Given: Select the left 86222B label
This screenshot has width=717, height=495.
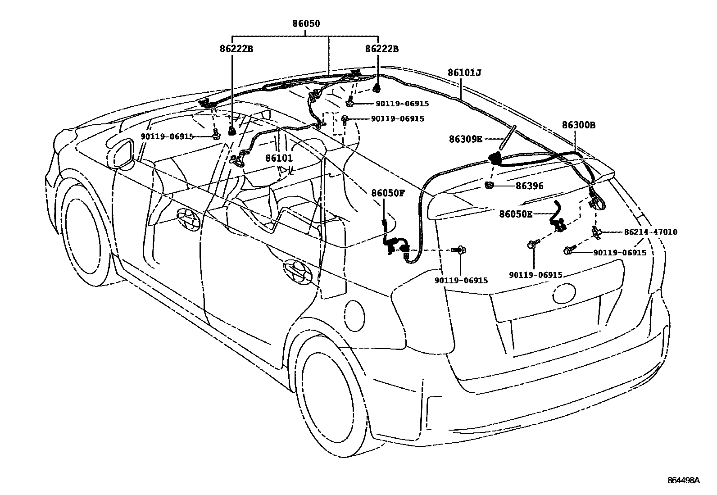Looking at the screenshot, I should click(236, 49).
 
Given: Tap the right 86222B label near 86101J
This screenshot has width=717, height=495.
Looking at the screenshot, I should click(381, 49).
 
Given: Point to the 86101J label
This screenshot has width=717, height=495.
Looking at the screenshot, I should click(464, 72).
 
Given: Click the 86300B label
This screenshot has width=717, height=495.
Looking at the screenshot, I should click(578, 125).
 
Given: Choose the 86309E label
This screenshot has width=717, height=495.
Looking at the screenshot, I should click(465, 139).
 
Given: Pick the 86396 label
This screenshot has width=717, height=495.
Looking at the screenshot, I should click(529, 186).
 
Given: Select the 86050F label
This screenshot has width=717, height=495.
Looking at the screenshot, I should click(388, 194).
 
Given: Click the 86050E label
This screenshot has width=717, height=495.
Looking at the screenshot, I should click(515, 214).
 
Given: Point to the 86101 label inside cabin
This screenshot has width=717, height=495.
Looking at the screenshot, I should click(279, 158).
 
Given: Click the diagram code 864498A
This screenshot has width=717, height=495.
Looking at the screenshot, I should click(683, 480).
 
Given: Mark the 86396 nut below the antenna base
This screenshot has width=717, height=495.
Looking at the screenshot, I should click(490, 185).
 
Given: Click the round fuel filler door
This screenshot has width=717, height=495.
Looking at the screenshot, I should click(354, 311).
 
